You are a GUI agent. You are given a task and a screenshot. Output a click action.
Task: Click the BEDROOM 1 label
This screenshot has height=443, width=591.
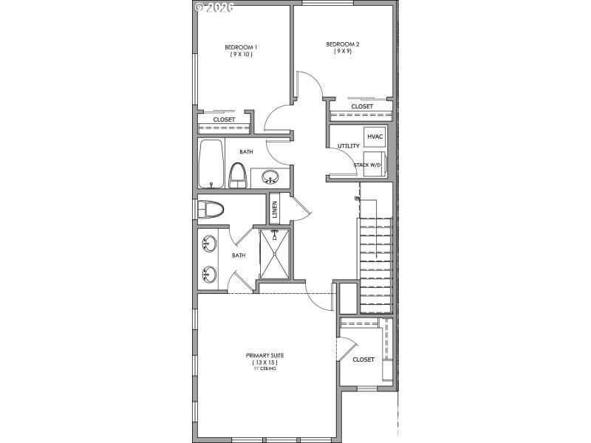point(240,47)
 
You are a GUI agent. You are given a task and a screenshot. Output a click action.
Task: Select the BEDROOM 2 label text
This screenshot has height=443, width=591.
point(343,44)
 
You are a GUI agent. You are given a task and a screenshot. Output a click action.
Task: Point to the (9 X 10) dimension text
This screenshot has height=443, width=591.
point(240,54)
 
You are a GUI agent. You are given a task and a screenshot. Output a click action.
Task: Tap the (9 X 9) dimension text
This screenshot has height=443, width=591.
point(343,52)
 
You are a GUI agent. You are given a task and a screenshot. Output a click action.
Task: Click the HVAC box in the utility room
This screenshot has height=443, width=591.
point(375,137)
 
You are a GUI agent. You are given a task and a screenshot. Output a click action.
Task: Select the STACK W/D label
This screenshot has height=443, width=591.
point(367,165)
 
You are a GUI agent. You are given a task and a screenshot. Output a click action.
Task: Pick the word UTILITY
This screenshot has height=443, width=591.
point(348,146)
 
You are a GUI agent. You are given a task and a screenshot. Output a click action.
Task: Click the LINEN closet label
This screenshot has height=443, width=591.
point(274,210)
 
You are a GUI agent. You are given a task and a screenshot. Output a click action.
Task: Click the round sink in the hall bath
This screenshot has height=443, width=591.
point(270,177)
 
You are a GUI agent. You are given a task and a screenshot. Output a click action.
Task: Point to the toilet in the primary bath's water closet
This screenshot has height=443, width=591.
point(211,210)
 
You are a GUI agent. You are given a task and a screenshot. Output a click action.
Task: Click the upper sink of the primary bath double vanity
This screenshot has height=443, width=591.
point(208,243)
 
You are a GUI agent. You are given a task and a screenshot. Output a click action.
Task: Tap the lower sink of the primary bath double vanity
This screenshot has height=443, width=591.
point(208,274)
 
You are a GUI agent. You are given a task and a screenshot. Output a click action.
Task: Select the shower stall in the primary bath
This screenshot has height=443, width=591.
point(275,253)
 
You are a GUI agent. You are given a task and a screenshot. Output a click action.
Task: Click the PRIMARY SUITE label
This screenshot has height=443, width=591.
point(264,355)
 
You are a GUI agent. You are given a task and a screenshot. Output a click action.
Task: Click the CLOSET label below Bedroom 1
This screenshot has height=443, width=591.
point(224,119)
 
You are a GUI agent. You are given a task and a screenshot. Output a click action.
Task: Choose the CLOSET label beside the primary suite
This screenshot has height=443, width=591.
point(363,360)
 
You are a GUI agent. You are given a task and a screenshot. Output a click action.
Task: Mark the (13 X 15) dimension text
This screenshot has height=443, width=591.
point(264,363)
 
